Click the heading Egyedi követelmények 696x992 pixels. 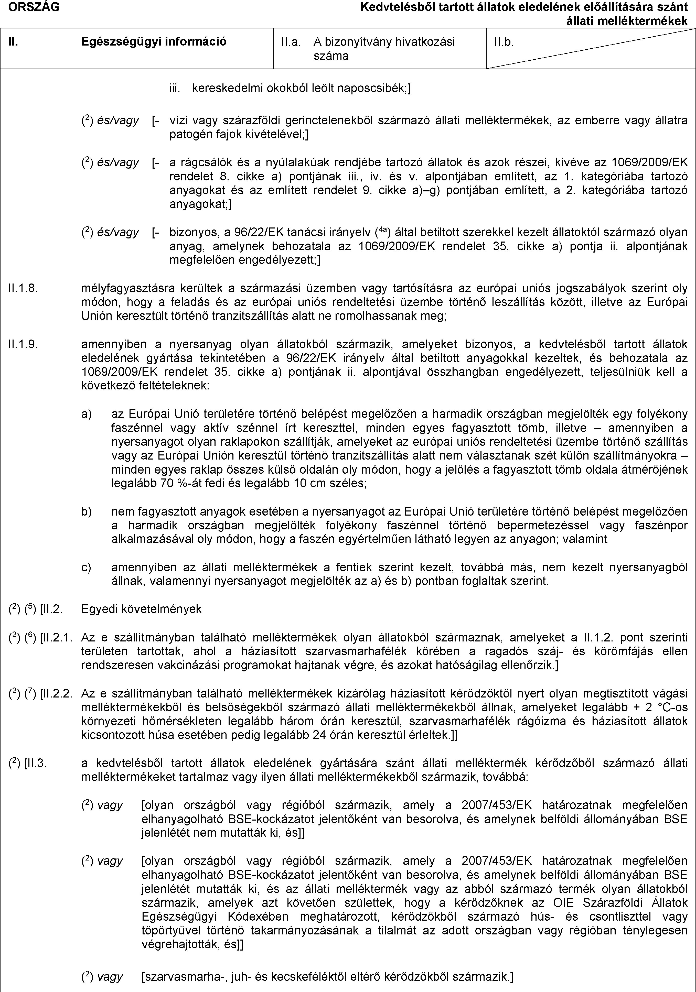click(x=141, y=609)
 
